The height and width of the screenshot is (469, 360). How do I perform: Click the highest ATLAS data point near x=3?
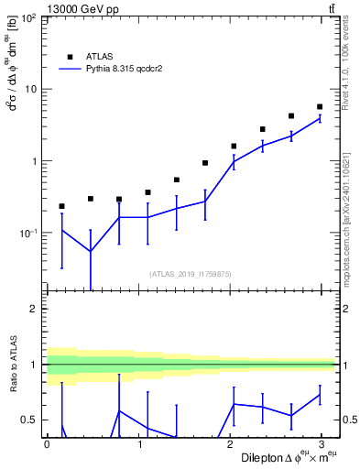point(319,107)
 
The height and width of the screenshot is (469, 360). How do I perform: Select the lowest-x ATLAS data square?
point(61,206)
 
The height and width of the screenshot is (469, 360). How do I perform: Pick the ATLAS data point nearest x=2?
point(234,146)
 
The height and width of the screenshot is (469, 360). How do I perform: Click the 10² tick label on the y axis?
point(27,18)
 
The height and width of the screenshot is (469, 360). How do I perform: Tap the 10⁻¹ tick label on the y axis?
point(27,233)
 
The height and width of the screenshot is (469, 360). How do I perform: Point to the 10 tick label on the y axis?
point(30,90)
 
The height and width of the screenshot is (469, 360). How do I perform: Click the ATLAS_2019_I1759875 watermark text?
point(191,273)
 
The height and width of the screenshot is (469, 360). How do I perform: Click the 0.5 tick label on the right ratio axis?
point(348,420)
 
